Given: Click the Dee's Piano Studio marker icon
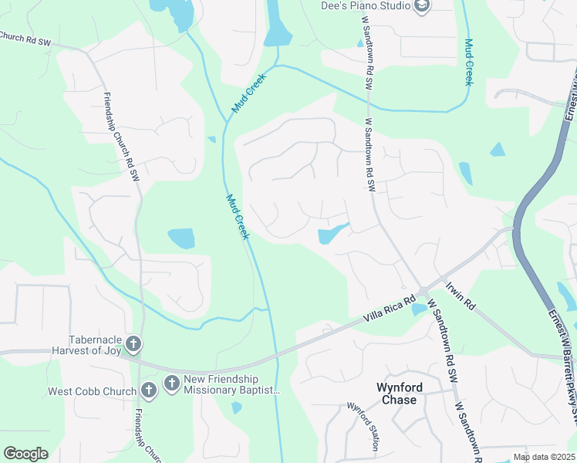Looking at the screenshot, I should tap(421, 6).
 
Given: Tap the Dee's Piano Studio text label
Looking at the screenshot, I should tap(366, 6).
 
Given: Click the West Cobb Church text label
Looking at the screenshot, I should tap(92, 391).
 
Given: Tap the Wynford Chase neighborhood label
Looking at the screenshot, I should tap(396, 394).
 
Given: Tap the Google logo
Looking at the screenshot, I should tap(25, 454).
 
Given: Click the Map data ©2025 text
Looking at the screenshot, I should tap(544, 457).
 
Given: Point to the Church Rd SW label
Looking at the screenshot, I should tap(25, 39).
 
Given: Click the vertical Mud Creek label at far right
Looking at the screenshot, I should tap(468, 62).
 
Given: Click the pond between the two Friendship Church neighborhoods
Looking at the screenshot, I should tap(181, 238).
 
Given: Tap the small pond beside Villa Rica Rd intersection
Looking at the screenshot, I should tap(419, 309).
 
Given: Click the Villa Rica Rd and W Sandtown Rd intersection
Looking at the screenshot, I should tap(423, 291).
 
